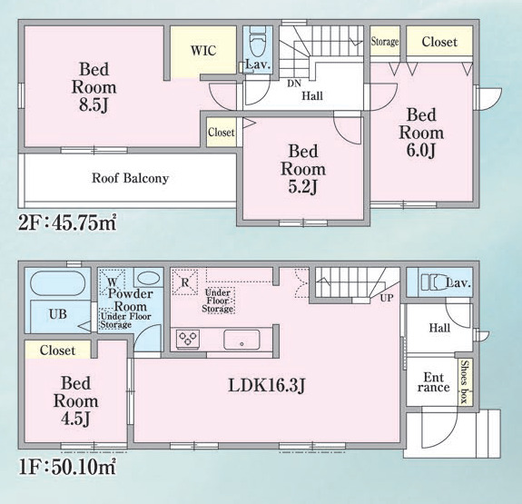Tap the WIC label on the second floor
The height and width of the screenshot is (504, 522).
pos(202,50)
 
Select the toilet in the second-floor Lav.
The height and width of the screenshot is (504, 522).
pos(257,43)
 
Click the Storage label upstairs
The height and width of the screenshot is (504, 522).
pos(385,41)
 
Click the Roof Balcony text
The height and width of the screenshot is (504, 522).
pos(130,178)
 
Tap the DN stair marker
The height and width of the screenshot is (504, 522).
pos(294,83)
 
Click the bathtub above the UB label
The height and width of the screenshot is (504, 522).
pos(57,285)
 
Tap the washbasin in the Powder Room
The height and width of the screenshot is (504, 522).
pos(148,279)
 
